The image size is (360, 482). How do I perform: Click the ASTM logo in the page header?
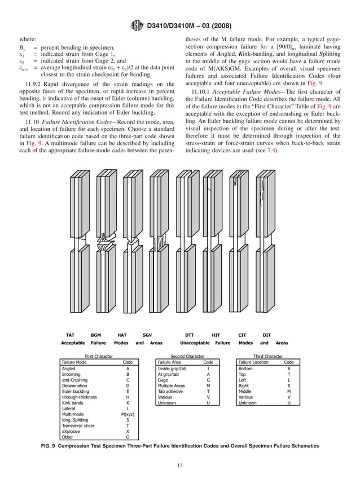[x=137, y=25]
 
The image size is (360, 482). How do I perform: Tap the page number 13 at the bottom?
[x=180, y=465]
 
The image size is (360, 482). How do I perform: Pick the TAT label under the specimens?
[x=70, y=335]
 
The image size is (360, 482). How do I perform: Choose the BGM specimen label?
[x=96, y=335]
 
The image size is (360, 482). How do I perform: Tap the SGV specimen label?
[x=147, y=335]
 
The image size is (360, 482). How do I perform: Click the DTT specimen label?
[x=190, y=335]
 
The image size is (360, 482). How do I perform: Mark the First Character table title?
[x=99, y=356]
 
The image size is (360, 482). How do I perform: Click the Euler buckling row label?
[x=75, y=391]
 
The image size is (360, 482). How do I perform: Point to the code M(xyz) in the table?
[x=128, y=414]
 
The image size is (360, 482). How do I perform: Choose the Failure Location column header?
[x=253, y=362]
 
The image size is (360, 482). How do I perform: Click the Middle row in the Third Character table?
[x=245, y=391]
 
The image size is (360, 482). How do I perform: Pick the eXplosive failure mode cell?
[x=72, y=432]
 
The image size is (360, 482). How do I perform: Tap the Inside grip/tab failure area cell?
[x=173, y=368]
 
